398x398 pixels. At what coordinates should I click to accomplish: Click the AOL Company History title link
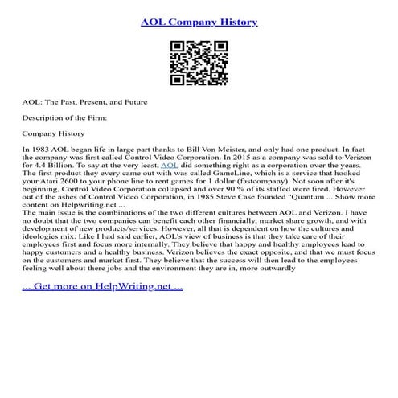coord(199,22)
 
